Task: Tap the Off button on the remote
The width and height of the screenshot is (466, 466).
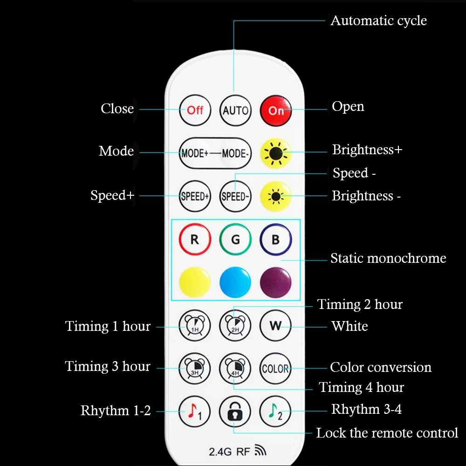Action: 195,110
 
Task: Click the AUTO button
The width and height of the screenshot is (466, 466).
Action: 235,110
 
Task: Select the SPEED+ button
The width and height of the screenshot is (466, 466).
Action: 195,196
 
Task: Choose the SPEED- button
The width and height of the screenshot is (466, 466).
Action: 235,196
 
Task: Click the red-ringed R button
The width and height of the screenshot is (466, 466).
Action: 195,240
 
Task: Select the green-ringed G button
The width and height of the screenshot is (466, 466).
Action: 235,240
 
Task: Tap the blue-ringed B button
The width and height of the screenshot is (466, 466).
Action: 275,240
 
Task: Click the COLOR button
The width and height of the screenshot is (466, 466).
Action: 275,369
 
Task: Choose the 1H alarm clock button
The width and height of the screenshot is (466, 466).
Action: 195,326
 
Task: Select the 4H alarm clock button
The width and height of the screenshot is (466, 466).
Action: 235,369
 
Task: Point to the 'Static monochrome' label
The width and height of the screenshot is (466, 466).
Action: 388,258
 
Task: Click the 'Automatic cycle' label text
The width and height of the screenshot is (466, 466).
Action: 378,21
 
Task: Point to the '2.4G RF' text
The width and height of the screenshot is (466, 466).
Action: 230,451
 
